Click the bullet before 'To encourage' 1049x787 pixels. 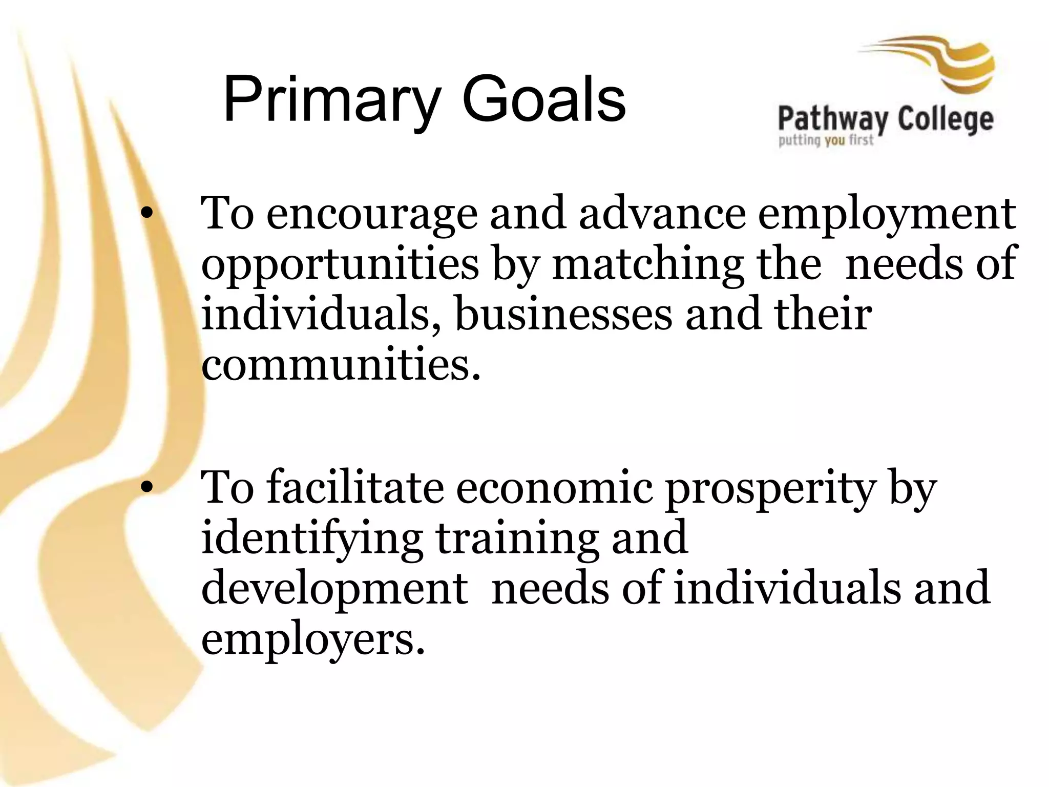(147, 216)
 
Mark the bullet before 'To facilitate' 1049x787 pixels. (147, 489)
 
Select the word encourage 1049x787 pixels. (372, 214)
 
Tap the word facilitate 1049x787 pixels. (355, 487)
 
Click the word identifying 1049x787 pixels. (312, 539)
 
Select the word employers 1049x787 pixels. (313, 639)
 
